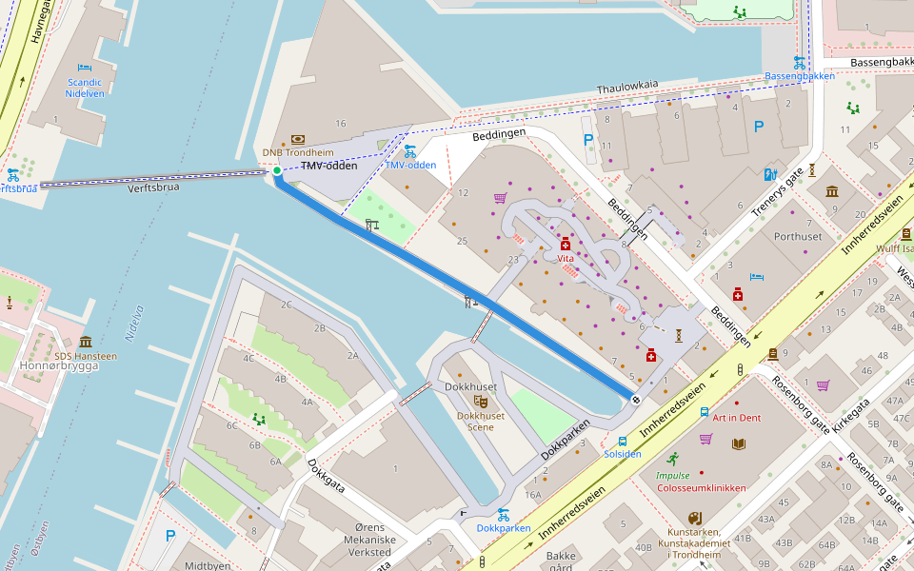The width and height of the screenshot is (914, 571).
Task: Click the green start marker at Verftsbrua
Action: point(277,170)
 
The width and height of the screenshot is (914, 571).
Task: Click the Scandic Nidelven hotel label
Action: point(85,88)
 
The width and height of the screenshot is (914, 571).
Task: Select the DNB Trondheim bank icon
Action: point(298,139)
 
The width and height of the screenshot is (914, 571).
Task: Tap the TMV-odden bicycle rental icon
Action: point(410,150)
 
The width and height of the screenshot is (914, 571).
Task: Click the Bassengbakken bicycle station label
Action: point(800,76)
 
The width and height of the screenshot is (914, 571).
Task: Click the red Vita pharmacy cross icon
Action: point(566,245)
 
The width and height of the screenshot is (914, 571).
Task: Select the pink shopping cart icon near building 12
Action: point(500,198)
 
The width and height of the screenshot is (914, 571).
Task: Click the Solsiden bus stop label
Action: point(623,454)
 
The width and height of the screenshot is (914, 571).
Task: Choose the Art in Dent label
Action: point(736,418)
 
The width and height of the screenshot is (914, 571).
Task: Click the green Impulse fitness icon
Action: point(673,459)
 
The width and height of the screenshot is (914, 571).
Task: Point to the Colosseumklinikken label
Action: point(702,488)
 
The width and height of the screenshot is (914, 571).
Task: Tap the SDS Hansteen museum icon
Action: point(86,342)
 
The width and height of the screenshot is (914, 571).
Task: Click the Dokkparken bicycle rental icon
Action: point(503,514)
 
